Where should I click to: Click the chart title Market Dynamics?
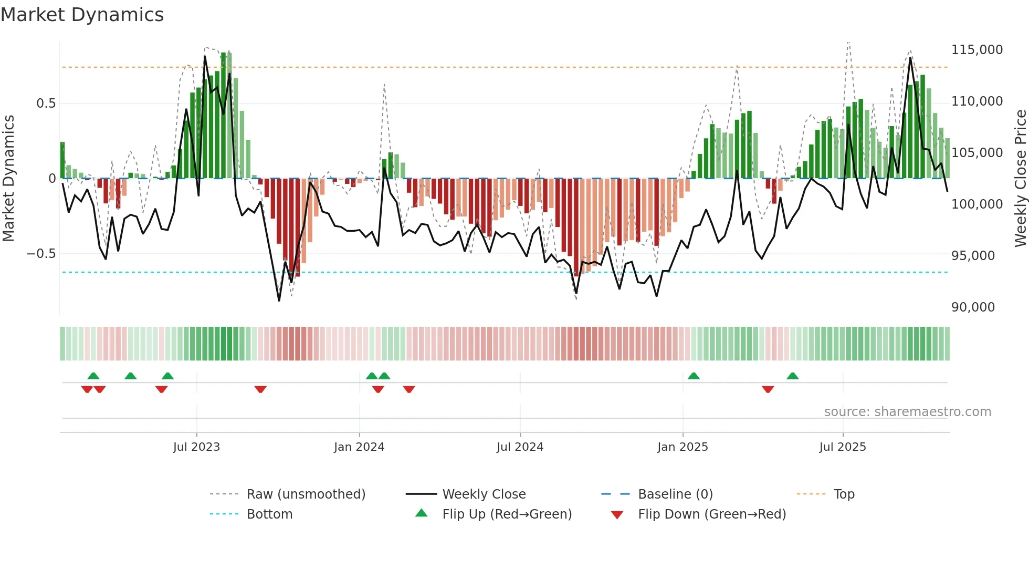[x=82, y=15]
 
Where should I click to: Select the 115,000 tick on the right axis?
[x=976, y=50]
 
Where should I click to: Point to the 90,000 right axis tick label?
[x=973, y=307]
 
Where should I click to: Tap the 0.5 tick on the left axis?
[x=46, y=104]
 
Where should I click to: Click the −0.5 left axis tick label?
[x=41, y=254]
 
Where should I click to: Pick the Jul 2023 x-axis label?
[x=196, y=447]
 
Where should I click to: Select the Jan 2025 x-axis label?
[x=682, y=447]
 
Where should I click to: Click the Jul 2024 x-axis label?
[x=520, y=447]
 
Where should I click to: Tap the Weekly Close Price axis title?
[x=1020, y=179]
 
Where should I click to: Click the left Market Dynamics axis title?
[x=9, y=179]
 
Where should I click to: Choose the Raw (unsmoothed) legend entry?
[x=306, y=494]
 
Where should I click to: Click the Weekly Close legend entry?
[x=484, y=494]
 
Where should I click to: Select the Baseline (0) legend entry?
[x=675, y=494]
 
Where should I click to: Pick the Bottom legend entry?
[x=269, y=514]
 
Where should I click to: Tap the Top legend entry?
[x=844, y=494]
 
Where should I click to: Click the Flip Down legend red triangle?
[x=617, y=515]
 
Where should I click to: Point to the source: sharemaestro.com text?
[x=907, y=412]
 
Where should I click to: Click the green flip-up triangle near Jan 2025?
[x=694, y=376]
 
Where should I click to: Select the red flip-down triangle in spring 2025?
[x=768, y=389]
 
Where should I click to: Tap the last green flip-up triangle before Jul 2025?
[x=793, y=376]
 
